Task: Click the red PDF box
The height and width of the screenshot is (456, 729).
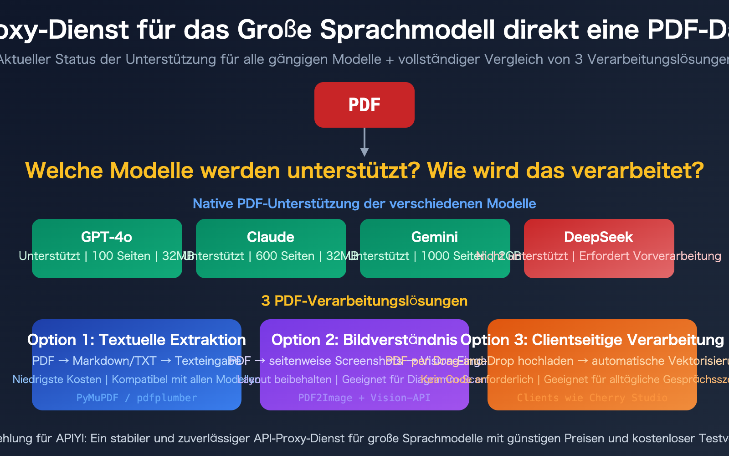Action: coord(364,105)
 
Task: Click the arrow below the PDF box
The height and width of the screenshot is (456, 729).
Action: coord(364,142)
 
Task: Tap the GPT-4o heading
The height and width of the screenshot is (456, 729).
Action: coord(107,237)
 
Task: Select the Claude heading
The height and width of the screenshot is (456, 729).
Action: coord(271,237)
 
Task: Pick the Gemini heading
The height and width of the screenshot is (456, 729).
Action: coord(435,237)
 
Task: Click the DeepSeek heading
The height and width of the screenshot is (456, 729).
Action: coord(598,237)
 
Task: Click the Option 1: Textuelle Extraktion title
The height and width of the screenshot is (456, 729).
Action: coord(136,340)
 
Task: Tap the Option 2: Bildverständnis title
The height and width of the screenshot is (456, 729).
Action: coord(364,340)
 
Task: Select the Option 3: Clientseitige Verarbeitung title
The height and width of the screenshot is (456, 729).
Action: coord(592,340)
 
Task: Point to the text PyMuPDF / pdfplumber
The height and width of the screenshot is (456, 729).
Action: coord(136,398)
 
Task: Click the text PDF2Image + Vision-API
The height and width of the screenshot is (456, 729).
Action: coord(364,398)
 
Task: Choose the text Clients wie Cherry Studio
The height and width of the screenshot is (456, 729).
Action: coord(592,398)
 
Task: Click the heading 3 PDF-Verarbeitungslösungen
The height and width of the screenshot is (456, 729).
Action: coord(364,301)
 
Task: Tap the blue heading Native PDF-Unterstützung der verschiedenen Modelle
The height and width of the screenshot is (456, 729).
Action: coord(364,203)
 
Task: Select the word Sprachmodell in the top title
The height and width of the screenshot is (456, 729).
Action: coord(407,30)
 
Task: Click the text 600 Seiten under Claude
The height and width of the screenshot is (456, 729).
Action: coord(285,256)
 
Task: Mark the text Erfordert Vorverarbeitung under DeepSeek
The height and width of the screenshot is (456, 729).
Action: coord(650,256)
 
